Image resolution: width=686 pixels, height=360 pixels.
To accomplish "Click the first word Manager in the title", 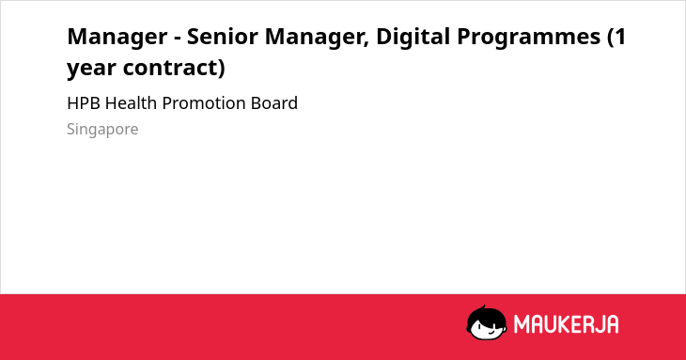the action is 117,38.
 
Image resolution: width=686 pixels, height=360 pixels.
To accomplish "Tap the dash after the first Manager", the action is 178,39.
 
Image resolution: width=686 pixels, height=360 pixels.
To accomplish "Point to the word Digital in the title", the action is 413,37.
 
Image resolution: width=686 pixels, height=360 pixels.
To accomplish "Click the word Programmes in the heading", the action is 528,38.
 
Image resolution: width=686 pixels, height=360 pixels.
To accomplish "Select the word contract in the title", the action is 171,68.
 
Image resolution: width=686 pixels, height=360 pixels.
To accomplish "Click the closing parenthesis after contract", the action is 222,69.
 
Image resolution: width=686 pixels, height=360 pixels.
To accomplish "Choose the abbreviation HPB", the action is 84,103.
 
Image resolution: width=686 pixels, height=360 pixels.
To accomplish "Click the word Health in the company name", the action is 131,103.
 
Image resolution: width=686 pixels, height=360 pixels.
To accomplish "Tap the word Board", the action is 274,103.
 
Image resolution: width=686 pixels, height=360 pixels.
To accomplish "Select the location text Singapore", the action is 102,130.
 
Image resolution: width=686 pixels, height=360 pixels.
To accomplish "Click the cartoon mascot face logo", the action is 487,322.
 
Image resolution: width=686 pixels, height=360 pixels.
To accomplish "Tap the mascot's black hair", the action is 485,314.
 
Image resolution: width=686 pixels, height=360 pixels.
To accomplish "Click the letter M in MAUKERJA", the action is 521,324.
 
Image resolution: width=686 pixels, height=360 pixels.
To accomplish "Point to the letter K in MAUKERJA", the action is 557,324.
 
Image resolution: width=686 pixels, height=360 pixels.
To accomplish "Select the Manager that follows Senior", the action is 314,38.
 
